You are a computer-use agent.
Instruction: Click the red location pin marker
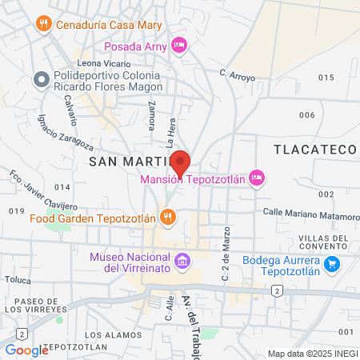pyautogui.click(x=181, y=162)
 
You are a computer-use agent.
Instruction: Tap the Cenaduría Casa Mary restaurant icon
pyautogui.click(x=44, y=23)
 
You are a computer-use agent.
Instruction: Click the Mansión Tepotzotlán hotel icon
pyautogui.click(x=256, y=178)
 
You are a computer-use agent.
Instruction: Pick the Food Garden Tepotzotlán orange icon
pyautogui.click(x=166, y=216)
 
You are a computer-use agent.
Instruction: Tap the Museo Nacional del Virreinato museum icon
pyautogui.click(x=182, y=260)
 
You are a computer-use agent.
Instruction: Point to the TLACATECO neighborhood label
pyautogui.click(x=314, y=150)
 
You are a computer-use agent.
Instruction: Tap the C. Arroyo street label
pyautogui.click(x=237, y=74)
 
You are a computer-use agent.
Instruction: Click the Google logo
pyautogui.click(x=26, y=350)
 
